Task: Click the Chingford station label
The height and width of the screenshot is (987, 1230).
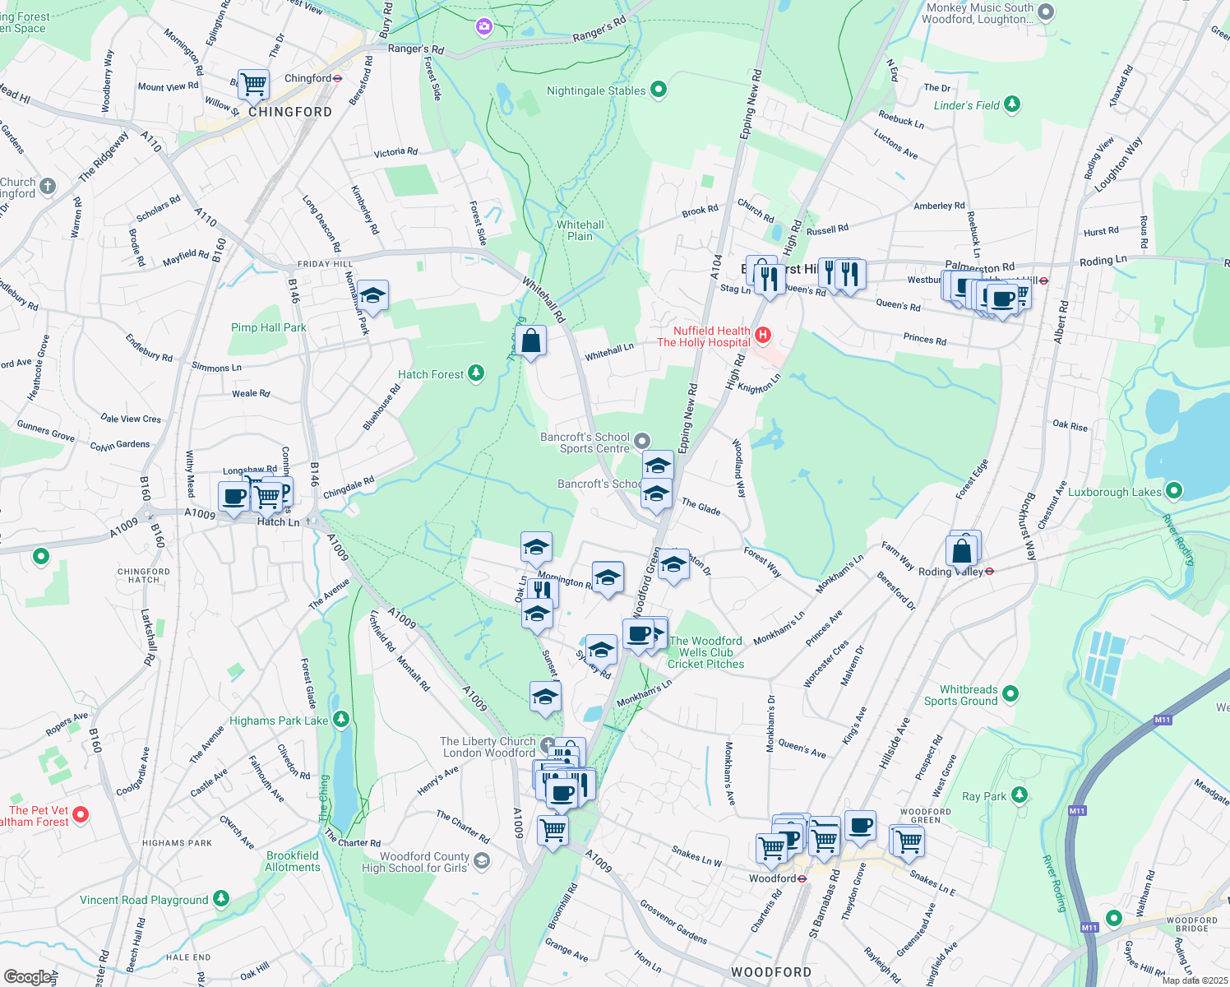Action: click(308, 79)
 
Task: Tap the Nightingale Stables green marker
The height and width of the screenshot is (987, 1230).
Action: click(659, 90)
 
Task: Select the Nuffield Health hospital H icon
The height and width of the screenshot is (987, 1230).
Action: click(763, 335)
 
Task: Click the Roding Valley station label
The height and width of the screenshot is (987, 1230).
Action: click(950, 572)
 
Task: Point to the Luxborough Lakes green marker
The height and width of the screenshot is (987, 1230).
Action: click(1174, 491)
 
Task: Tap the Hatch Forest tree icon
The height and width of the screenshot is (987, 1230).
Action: click(475, 373)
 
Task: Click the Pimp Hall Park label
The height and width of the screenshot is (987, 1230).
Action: click(268, 327)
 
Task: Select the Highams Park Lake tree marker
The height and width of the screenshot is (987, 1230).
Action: click(340, 721)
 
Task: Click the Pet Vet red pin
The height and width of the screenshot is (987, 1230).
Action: click(81, 814)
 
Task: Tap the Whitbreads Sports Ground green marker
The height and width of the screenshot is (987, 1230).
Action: click(1010, 694)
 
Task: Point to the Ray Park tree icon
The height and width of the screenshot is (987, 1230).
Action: click(1020, 795)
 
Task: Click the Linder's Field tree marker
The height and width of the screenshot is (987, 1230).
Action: click(1012, 104)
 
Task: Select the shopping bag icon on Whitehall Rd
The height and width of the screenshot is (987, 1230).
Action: click(531, 341)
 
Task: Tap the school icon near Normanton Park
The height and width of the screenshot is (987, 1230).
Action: click(372, 295)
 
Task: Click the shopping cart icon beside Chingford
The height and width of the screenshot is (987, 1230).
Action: click(254, 83)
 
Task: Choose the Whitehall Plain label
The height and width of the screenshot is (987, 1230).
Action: click(580, 230)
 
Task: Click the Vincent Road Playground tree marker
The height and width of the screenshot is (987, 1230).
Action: click(221, 898)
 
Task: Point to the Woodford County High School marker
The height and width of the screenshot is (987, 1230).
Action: click(482, 860)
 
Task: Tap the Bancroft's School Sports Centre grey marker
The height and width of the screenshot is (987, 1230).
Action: click(642, 442)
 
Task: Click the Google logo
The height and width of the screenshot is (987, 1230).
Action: click(28, 976)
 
